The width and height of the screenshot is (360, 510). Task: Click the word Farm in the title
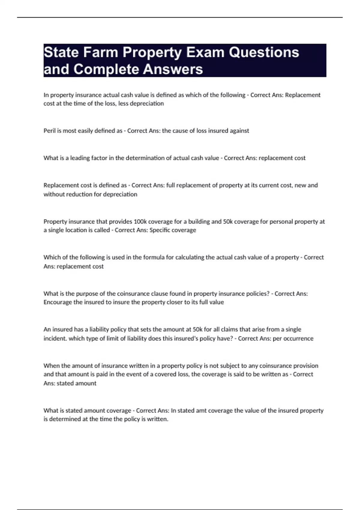(x=100, y=52)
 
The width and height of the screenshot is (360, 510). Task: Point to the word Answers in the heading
(x=173, y=69)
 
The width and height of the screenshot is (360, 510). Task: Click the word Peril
(x=50, y=131)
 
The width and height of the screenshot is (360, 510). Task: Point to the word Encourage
(x=58, y=302)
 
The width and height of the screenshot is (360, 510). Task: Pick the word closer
(x=174, y=302)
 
